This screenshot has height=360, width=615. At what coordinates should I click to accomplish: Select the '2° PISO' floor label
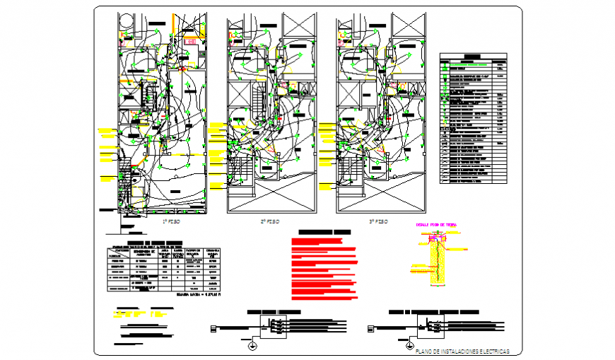(x=270, y=221)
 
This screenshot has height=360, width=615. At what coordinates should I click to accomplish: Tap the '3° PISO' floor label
(x=379, y=221)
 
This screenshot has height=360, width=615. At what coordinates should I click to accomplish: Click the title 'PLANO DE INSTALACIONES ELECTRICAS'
(x=462, y=352)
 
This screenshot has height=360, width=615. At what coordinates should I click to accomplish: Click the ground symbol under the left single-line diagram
(x=252, y=346)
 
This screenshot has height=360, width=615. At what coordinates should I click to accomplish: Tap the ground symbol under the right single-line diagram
(x=409, y=346)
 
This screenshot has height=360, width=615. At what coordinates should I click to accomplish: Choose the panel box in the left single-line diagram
(x=273, y=327)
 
